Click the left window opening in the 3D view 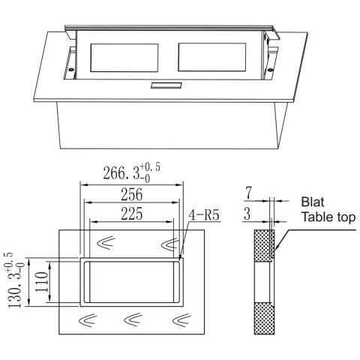point(124,58)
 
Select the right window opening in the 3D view point(209,58)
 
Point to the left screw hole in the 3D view point(71,73)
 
